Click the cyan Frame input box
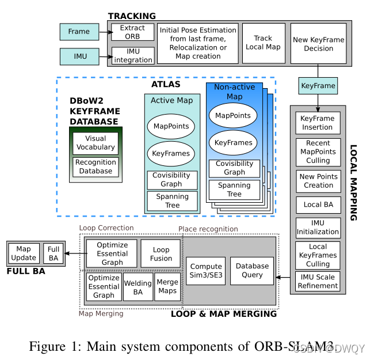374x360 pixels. pos(79,32)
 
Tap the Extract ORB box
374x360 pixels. pos(133,32)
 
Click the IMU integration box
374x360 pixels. pos(133,55)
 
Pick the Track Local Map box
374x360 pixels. pos(263,43)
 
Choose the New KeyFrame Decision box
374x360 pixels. pos(318,44)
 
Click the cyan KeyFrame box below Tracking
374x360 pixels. pos(318,86)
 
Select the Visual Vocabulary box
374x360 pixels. pos(96,142)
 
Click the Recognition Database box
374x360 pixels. pos(96,166)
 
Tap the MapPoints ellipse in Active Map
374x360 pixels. pos(172,127)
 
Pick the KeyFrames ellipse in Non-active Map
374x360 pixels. pos(233,142)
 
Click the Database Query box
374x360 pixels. pos(252,270)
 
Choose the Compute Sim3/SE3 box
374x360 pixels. pos(206,270)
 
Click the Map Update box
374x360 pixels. pos(24,253)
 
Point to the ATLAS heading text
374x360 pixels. pos(166,84)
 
